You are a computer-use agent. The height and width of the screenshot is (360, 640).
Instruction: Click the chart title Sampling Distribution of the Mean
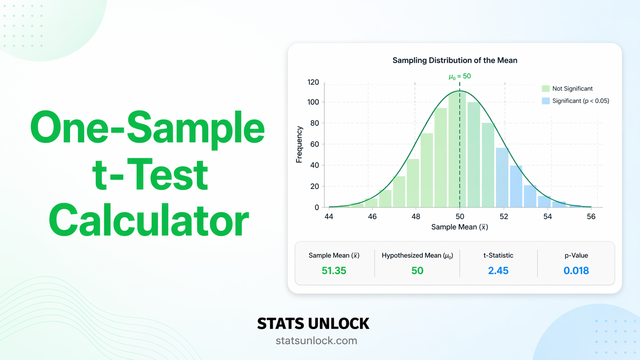coord(455,60)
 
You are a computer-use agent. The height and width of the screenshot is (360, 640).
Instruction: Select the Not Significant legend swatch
coord(545,89)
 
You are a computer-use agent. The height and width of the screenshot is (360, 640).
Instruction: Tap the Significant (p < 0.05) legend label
coord(580,101)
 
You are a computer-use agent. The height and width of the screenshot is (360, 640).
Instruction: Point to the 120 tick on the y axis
coord(313,82)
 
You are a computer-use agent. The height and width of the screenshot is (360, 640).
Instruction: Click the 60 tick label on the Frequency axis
coord(314,144)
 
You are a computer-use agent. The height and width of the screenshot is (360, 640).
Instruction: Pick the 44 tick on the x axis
coord(329,217)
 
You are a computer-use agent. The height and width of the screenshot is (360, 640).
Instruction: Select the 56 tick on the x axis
coord(591,217)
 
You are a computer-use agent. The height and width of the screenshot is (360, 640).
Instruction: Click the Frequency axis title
coord(299,145)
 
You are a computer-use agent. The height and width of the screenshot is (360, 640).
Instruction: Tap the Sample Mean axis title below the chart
coord(459,227)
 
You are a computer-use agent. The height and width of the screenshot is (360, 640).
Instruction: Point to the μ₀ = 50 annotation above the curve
coord(460,77)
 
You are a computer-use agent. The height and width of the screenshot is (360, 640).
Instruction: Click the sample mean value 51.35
coord(334,271)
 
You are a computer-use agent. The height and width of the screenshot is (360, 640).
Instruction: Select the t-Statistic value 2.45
coord(498,271)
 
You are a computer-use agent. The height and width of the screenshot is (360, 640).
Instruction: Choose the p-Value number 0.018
coord(576,271)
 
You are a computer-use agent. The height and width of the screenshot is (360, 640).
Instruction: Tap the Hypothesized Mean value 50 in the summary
coord(417,271)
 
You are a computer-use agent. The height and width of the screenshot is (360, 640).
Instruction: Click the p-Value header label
coord(576,256)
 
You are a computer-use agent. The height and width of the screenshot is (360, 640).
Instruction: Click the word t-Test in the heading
coord(150,175)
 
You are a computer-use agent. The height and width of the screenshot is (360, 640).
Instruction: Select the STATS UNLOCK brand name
coord(313,324)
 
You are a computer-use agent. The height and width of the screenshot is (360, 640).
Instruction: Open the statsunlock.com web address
coord(316,340)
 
